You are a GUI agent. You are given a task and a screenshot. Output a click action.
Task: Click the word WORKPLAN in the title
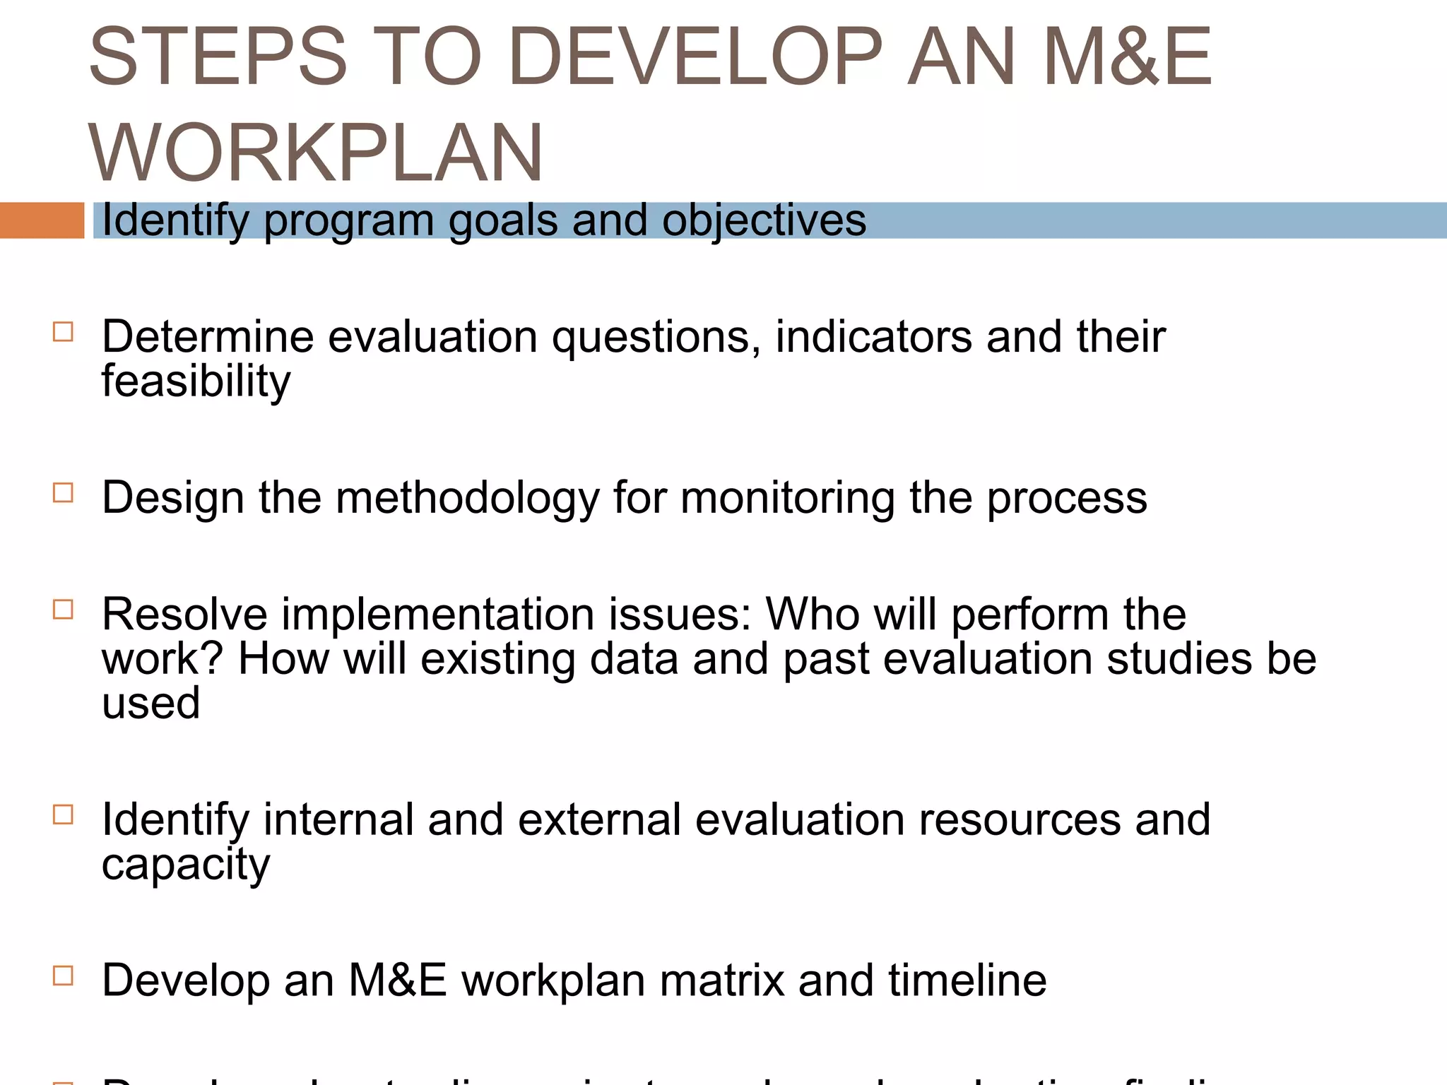315,153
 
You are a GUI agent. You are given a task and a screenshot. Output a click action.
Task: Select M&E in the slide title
1128,57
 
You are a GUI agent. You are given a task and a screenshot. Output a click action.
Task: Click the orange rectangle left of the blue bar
42,220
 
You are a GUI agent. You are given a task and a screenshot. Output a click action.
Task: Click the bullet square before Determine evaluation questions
63,332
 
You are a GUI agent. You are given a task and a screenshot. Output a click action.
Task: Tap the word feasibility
196,381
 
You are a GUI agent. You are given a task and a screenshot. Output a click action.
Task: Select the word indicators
873,336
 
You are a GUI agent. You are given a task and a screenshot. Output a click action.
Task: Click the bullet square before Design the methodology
63,492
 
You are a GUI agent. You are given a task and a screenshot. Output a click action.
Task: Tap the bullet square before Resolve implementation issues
63,609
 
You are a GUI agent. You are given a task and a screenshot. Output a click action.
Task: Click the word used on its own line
150,704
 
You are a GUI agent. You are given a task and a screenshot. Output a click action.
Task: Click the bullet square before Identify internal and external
63,814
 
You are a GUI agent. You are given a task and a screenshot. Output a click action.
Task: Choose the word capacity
185,865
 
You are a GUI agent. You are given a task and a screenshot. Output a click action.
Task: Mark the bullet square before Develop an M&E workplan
63,976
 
